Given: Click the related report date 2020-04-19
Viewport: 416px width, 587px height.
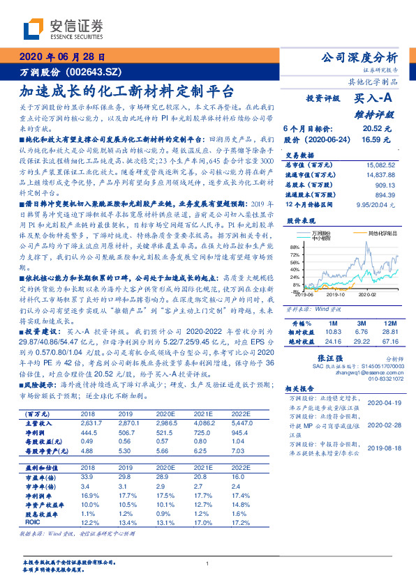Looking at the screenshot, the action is (382, 402).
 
